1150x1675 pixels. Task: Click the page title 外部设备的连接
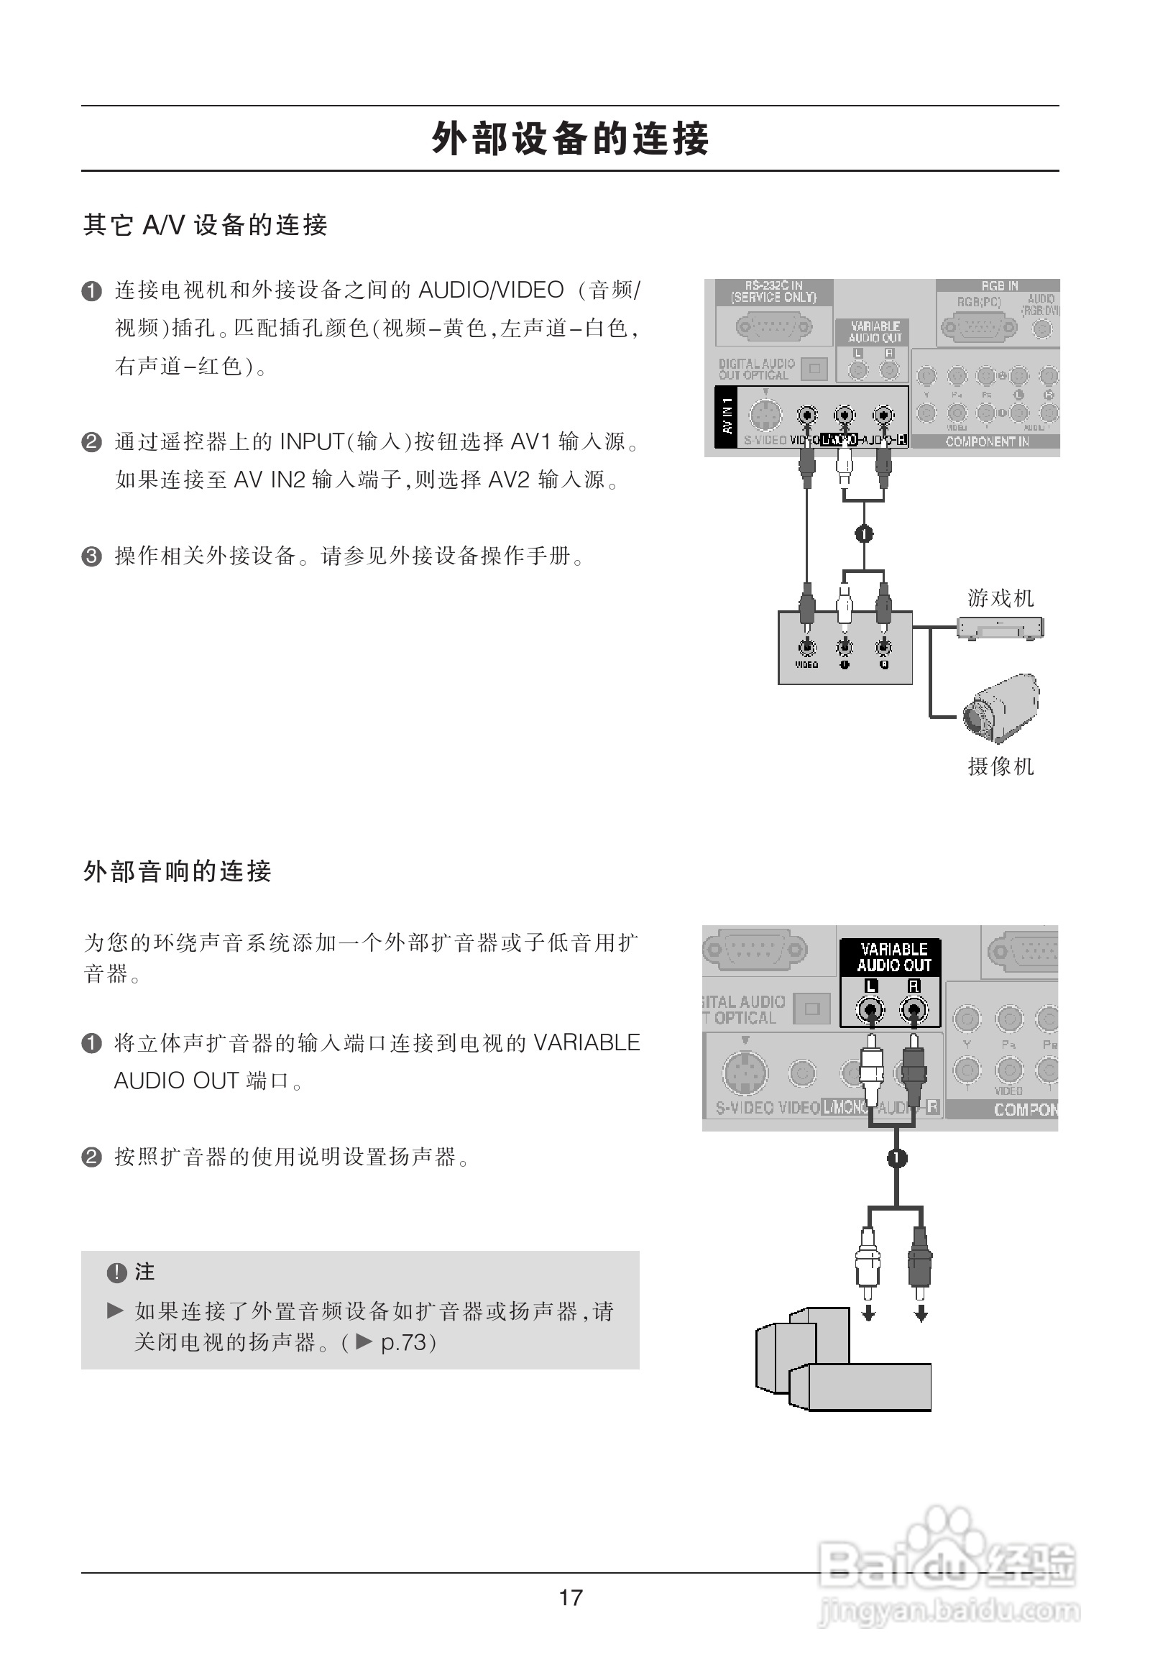(570, 138)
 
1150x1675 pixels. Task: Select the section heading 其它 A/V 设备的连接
(206, 226)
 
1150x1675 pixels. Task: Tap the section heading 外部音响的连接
(178, 871)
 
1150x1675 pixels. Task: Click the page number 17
(570, 1598)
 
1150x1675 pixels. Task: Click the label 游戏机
(1000, 598)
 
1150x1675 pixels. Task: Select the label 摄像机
(1000, 766)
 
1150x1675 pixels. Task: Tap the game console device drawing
(1000, 628)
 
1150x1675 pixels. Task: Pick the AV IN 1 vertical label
(727, 416)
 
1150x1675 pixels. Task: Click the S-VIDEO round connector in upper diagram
(765, 415)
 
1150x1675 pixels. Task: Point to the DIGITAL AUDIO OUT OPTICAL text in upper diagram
(756, 370)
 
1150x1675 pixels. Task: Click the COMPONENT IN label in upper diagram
(987, 442)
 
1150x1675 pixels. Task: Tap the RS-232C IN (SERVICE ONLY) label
(773, 292)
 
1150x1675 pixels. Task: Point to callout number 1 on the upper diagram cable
(864, 534)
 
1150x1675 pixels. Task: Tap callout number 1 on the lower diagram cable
(896, 1158)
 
